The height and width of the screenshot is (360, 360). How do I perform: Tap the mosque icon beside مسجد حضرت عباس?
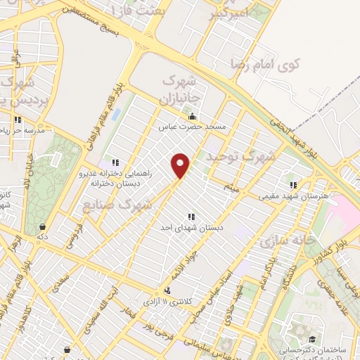point(193,116)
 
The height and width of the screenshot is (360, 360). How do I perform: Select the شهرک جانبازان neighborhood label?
point(182,87)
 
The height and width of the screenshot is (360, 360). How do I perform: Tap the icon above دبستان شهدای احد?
point(190,217)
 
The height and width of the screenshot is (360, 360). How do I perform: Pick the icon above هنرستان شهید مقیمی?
point(292,186)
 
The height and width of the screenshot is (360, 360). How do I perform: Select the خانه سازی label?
point(285,242)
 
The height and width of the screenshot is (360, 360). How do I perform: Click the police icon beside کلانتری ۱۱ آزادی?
point(167,290)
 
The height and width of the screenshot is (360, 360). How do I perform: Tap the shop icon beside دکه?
point(44,227)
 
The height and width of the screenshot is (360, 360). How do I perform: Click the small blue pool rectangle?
point(116,113)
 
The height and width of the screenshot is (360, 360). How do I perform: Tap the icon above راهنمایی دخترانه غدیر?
point(115,162)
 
